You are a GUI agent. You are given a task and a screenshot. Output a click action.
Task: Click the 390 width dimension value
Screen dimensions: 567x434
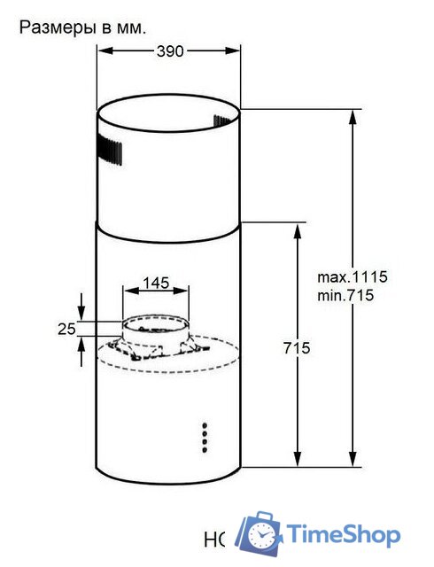click(x=168, y=51)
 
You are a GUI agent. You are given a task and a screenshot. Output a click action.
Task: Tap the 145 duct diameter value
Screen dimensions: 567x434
click(x=156, y=283)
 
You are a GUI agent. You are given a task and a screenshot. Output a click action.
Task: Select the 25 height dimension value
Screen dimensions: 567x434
click(x=66, y=329)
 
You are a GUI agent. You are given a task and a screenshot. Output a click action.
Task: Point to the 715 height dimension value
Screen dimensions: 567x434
click(x=298, y=348)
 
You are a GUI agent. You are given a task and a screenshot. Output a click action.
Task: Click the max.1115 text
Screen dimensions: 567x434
click(x=352, y=276)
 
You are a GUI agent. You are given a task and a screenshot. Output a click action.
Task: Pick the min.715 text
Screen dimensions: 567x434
click(x=346, y=295)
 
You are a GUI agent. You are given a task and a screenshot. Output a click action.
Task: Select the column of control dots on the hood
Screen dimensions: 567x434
click(x=205, y=437)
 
